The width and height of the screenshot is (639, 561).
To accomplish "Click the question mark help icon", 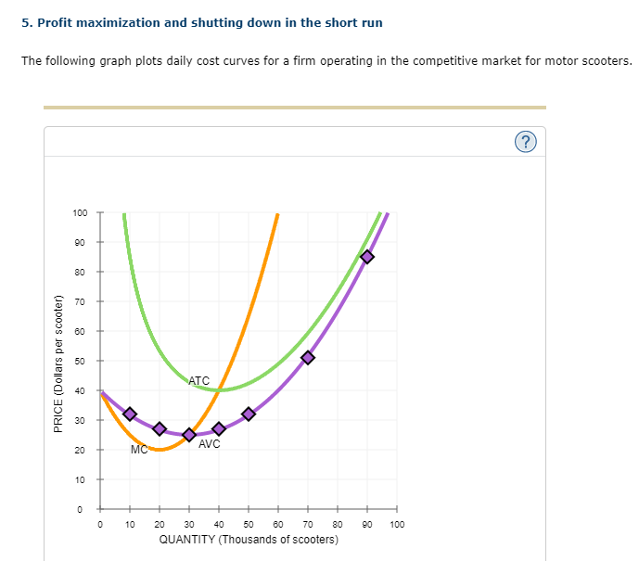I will [x=526, y=142].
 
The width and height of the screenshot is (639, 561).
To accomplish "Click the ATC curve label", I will [x=198, y=381].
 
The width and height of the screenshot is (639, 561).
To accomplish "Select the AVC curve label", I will [x=210, y=444].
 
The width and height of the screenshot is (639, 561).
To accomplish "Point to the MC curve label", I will [x=139, y=450].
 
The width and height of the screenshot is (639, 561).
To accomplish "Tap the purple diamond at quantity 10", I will [x=130, y=414].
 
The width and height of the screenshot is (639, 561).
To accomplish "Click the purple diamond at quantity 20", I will [x=160, y=428].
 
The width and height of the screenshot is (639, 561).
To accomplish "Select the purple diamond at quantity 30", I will [x=189, y=435].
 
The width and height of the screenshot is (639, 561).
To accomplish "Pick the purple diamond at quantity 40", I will [x=219, y=428].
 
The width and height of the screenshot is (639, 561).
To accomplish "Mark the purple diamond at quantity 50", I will [x=249, y=414].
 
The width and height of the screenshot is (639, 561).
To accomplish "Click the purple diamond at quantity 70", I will [x=308, y=357].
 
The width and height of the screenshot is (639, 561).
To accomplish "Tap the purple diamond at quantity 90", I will [x=367, y=257].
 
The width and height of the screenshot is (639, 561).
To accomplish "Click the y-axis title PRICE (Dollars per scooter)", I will [x=58, y=363].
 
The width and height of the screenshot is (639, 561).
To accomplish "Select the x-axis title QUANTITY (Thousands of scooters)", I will [x=249, y=539].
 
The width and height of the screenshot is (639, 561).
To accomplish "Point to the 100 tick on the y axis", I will [x=80, y=212].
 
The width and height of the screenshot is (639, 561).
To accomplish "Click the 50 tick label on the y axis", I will [x=82, y=361].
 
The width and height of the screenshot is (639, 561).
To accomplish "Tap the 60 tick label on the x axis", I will [x=278, y=524].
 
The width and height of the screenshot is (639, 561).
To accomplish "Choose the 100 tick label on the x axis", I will [x=397, y=524].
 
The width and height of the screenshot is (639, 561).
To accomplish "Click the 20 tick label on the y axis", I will [x=82, y=450].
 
